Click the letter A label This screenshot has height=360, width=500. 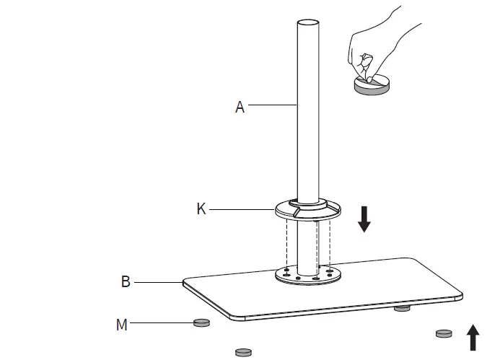[240, 107]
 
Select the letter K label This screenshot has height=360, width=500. [202, 209]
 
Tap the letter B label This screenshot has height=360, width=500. [126, 282]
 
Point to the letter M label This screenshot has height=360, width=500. [122, 325]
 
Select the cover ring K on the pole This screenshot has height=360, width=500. [307, 211]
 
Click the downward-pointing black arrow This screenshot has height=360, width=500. [364, 218]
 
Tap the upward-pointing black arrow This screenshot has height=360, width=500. [473, 337]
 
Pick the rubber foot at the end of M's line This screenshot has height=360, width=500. [201, 322]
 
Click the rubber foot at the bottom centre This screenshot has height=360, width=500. [245, 351]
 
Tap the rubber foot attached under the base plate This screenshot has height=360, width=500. [402, 308]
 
